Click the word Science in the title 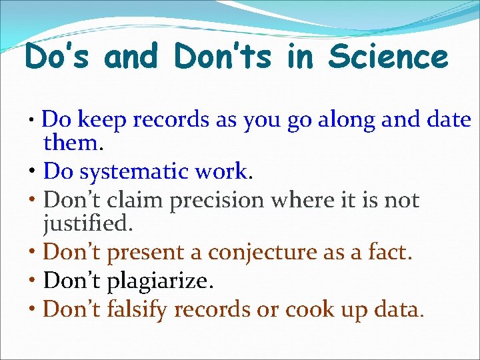pyautogui.click(x=388, y=57)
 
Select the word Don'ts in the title pyautogui.click(x=223, y=57)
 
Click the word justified pyautogui.click(x=87, y=223)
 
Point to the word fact pyautogui.click(x=389, y=252)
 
